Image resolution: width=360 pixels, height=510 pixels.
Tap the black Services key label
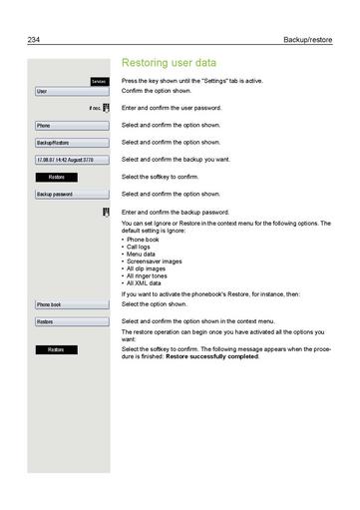97,80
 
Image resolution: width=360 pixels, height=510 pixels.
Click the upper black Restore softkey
56,177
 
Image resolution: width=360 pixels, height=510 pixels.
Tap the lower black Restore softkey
56,349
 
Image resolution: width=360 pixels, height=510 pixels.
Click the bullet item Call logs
144,247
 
